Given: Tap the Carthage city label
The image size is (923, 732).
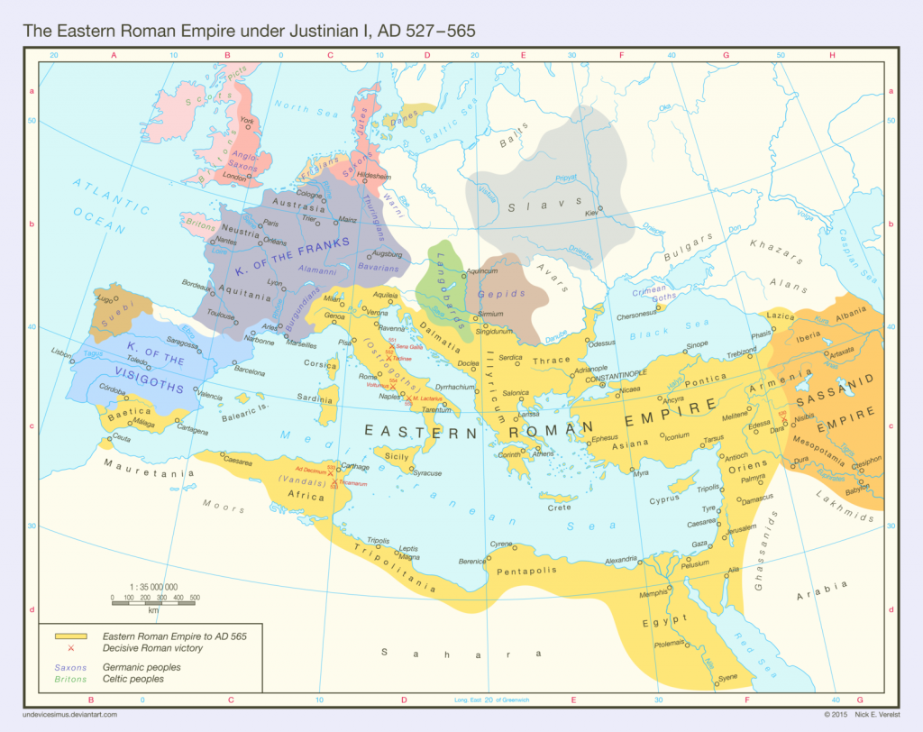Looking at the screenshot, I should click(358, 467).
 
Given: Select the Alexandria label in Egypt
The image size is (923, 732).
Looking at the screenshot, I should click(621, 559).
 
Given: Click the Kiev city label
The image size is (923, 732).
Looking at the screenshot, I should click(591, 214).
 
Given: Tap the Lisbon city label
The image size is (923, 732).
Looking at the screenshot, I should click(61, 352).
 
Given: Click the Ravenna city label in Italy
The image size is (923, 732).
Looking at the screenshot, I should click(390, 329).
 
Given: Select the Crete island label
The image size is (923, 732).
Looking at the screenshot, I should click(559, 508).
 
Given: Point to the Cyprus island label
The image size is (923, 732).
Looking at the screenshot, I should click(663, 499).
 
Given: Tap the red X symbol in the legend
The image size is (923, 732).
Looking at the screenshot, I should click(70, 648).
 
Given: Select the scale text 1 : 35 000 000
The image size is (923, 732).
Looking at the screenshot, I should click(152, 587).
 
